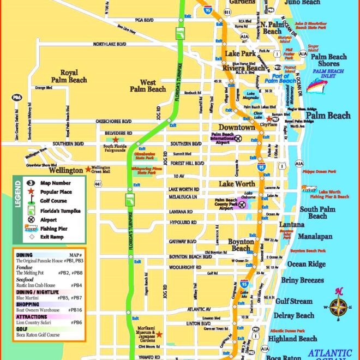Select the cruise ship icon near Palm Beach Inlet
[315, 85]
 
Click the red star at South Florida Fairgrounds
[115, 140]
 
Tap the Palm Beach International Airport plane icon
[238, 139]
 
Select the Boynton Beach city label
[241, 245]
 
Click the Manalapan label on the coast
[315, 237]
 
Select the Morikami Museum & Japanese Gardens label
[146, 334]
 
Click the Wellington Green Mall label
[100, 170]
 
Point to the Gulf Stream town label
[294, 301]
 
